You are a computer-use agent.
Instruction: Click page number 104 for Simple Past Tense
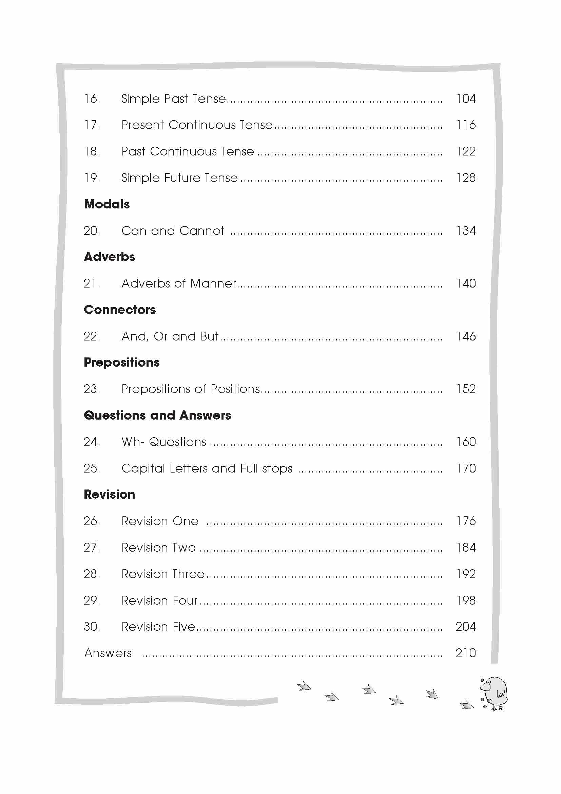pos(466,99)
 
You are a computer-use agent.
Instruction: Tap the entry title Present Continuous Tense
pos(197,125)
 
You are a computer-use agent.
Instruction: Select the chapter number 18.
pos(92,151)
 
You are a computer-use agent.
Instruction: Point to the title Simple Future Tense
pos(179,178)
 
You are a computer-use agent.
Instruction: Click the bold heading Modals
pos(107,204)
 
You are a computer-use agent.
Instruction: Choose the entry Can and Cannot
pos(173,230)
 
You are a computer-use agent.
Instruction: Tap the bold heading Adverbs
pos(110,257)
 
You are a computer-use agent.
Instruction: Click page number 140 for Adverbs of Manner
pos(466,283)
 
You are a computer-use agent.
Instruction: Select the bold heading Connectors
pos(120,310)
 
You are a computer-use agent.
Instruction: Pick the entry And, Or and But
pos(170,336)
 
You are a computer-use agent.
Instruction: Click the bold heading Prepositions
pos(122,363)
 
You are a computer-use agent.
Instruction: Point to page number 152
pos(466,389)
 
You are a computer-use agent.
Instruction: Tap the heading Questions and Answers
pos(157,415)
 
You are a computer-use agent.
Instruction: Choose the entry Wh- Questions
pos(164,442)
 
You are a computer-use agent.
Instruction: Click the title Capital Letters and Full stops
pos(207,468)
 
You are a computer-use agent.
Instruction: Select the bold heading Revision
pos(110,495)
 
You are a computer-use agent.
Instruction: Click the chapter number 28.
pos(92,574)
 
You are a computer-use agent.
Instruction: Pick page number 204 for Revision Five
pos(466,627)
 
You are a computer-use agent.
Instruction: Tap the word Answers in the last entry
pos(108,653)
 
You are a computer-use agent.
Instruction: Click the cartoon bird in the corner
pos(494,694)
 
